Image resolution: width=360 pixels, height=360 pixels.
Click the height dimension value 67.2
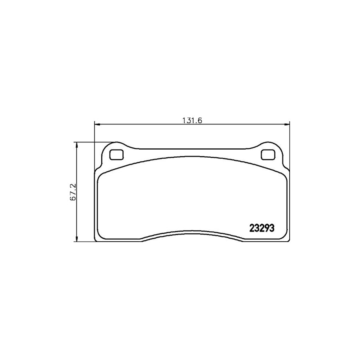(x=73, y=192)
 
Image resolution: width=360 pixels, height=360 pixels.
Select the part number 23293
(x=261, y=228)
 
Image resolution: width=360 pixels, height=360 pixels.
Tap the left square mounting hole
(x=116, y=154)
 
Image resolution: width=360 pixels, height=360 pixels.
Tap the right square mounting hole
(x=267, y=154)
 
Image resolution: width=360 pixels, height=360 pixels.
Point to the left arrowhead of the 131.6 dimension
(x=96, y=125)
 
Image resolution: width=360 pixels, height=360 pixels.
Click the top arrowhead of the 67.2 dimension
(x=76, y=144)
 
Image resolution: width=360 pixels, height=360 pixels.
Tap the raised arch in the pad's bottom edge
(x=192, y=235)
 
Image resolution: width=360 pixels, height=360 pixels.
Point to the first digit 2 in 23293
(x=252, y=228)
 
